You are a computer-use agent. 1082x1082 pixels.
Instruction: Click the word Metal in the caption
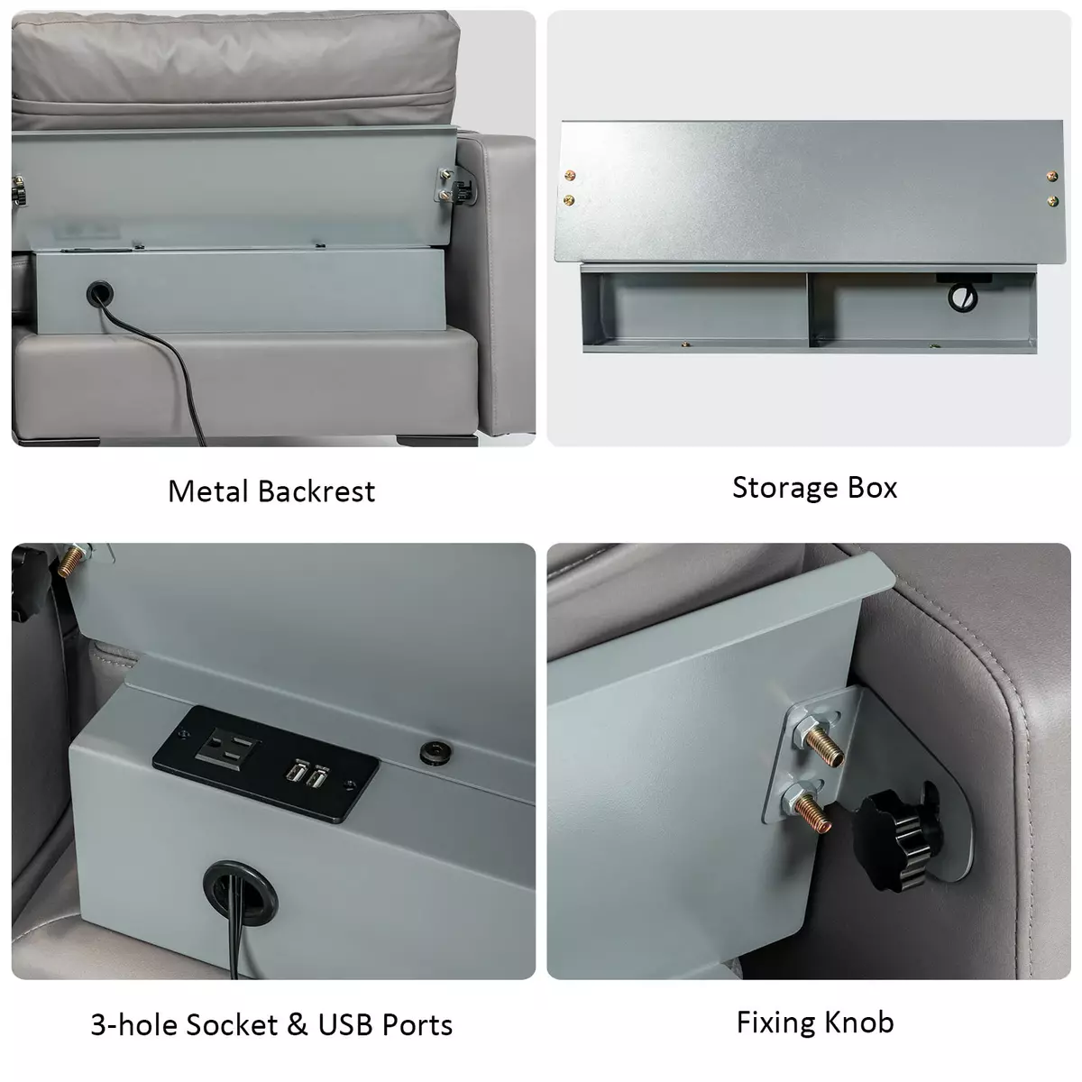[208, 491]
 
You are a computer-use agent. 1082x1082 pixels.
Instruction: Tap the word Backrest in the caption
[316, 491]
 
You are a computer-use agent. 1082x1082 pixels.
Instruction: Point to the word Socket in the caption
[232, 1024]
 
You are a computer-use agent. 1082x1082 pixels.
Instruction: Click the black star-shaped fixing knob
[897, 836]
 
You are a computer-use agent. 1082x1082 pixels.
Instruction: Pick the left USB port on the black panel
[296, 771]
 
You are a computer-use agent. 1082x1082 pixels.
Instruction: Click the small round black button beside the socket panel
[436, 752]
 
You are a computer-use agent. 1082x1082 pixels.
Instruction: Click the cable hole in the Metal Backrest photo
[100, 293]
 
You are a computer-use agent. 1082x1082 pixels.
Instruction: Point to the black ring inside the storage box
[962, 297]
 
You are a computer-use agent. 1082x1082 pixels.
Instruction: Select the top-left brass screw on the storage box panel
[571, 175]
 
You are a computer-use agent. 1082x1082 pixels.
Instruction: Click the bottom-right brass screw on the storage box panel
[1053, 201]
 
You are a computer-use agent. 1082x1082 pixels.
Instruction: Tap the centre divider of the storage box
[808, 309]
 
